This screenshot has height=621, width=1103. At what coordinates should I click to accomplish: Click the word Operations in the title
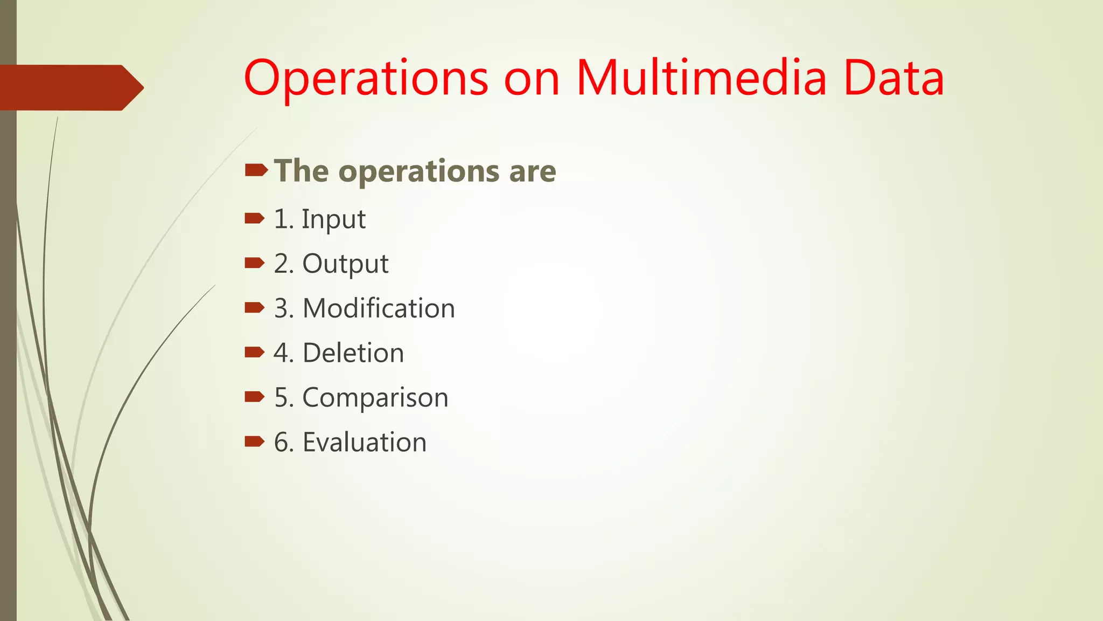click(366, 79)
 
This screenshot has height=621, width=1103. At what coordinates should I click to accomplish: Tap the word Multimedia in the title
click(701, 79)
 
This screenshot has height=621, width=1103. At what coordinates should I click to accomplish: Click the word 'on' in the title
click(532, 81)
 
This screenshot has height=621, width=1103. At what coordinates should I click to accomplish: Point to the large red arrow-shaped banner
click(70, 88)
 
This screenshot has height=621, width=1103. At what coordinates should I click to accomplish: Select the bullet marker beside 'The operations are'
click(256, 171)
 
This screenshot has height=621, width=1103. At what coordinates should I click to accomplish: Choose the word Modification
click(379, 308)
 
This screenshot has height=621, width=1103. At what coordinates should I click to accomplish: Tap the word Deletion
click(353, 353)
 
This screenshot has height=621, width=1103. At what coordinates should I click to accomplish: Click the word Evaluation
click(365, 443)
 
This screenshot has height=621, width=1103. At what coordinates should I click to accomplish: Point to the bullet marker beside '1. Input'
click(254, 218)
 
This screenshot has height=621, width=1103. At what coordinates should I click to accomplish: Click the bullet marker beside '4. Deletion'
click(254, 353)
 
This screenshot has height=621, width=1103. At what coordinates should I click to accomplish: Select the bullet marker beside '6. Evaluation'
click(254, 442)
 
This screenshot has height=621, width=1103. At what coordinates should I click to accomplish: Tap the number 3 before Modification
click(281, 309)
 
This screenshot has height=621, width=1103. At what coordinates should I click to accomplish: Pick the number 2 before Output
click(281, 264)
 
